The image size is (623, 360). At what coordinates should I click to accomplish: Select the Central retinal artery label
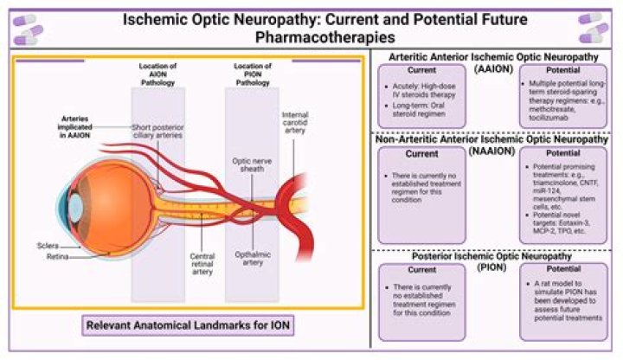202,262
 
